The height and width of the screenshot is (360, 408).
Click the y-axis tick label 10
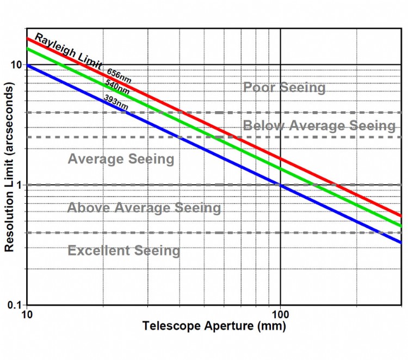[x=16, y=65]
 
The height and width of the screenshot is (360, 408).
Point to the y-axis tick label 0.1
[x=15, y=305]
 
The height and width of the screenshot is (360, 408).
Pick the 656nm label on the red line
[x=119, y=76]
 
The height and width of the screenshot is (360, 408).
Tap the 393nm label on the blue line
[x=116, y=102]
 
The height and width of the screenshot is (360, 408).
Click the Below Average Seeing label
[x=319, y=126]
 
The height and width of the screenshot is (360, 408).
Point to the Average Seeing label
[x=121, y=159]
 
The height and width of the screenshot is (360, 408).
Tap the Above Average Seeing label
[x=144, y=208]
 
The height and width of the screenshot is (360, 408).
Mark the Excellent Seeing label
[x=123, y=251]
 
